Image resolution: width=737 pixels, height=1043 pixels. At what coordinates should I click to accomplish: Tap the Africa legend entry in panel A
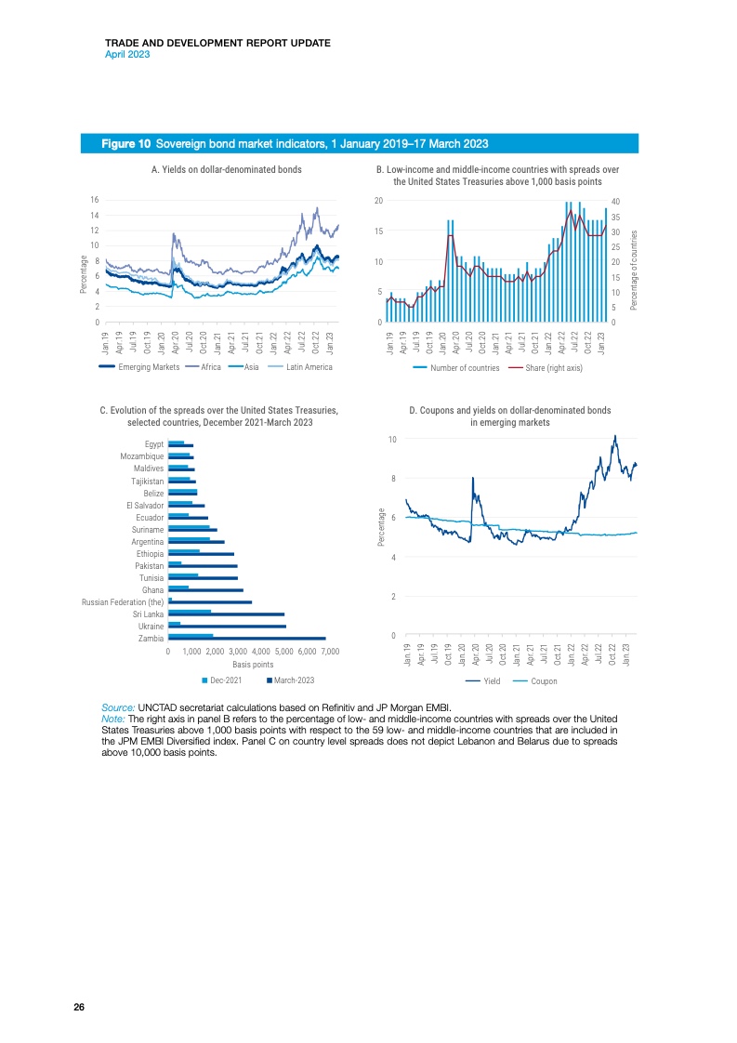coord(210,368)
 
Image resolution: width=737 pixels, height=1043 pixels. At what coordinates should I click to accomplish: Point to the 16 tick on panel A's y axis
coord(95,200)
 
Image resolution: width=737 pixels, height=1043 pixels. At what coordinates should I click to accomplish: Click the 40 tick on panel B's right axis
coord(615,202)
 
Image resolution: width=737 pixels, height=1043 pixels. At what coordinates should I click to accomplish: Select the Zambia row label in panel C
coord(151,638)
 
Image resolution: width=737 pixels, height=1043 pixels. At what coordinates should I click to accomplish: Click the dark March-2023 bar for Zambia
coord(246,638)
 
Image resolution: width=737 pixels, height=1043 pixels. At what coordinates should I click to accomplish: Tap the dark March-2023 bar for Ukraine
coord(227,626)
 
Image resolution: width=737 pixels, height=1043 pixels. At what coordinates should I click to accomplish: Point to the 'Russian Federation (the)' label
coord(123,601)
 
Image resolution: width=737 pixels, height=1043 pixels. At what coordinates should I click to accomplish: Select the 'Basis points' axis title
coord(253,665)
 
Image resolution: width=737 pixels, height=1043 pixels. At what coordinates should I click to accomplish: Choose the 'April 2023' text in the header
coord(127,54)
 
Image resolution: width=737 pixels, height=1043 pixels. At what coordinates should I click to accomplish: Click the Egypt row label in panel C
coord(154,444)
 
